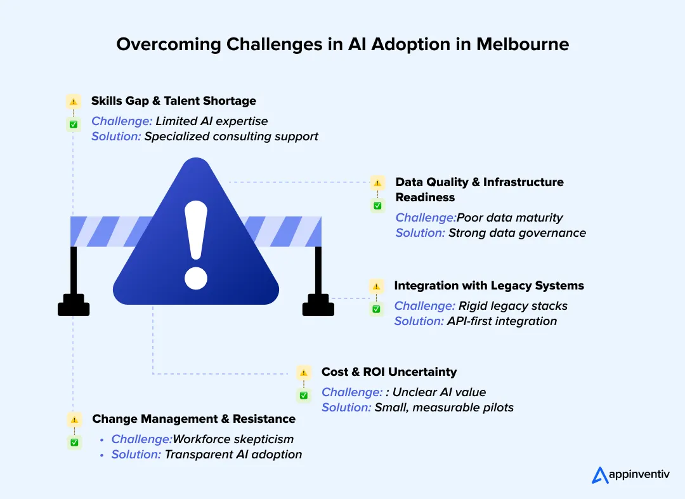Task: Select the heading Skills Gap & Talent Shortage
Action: (x=173, y=100)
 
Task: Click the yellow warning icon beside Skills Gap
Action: (x=74, y=101)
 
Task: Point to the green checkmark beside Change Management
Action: (x=74, y=442)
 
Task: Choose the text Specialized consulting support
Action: (x=231, y=136)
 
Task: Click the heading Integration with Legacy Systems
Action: (x=488, y=286)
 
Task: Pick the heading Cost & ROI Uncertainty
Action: (x=389, y=372)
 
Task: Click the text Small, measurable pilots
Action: (x=444, y=408)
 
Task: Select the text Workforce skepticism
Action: (x=233, y=439)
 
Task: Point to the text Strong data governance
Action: (x=517, y=233)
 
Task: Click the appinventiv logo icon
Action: (x=600, y=474)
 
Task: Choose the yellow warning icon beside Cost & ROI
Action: (x=304, y=373)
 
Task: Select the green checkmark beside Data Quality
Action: (x=377, y=206)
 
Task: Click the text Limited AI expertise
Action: (x=211, y=121)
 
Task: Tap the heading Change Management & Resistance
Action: (x=193, y=419)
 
